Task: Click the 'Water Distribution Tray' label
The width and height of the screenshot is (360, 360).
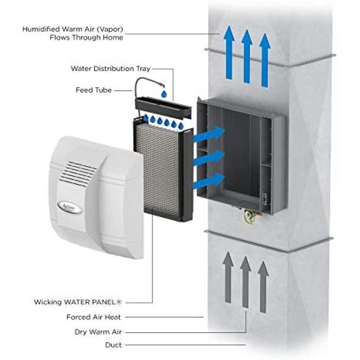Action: point(110,69)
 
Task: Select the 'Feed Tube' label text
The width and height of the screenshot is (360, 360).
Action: point(94,90)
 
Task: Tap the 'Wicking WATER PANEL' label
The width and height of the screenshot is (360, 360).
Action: point(78,302)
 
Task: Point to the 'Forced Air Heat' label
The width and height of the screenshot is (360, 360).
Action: point(94,317)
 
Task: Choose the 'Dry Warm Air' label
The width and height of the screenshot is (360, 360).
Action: point(98,332)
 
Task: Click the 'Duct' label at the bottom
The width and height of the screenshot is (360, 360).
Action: point(113,345)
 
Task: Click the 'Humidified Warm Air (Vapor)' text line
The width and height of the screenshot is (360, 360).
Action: point(73,29)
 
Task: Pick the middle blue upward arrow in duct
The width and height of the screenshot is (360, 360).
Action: point(247,56)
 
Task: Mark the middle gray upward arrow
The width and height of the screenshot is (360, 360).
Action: point(245,282)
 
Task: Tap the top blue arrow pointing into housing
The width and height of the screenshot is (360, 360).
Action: point(209,135)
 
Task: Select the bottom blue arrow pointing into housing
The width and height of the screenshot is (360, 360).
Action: point(209,180)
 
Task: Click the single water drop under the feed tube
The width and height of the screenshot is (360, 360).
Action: point(164,94)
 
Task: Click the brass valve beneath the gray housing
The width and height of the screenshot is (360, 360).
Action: point(249,216)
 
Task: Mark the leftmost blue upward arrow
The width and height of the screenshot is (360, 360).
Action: point(229,52)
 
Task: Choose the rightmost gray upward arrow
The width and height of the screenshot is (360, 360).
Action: point(263,287)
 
